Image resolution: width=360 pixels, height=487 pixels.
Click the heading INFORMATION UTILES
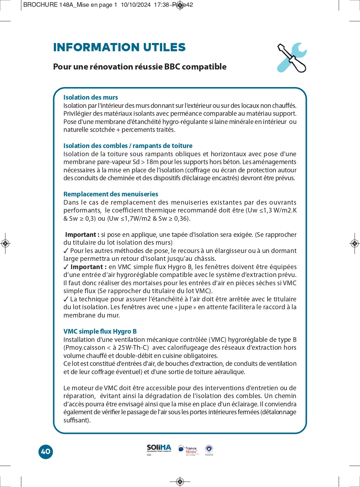119,47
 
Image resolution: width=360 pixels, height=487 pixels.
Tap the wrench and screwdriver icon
292,58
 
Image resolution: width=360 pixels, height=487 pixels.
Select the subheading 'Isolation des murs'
90,97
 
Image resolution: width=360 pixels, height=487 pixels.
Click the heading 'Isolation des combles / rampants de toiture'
128,146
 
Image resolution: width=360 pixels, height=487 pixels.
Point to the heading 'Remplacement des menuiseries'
110,194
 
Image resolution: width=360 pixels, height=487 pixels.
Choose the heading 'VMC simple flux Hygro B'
100,331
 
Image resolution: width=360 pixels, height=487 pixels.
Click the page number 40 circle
46,452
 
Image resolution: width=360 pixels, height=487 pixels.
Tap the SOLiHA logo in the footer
159,449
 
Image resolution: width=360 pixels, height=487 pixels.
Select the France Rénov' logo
188,450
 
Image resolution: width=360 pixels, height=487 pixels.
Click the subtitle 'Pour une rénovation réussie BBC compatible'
139,67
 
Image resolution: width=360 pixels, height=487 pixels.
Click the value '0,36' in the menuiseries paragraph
181,219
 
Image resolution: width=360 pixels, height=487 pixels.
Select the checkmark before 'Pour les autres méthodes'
66,251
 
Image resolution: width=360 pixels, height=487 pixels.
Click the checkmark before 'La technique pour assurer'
66,299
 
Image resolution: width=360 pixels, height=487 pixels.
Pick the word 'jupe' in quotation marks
185,307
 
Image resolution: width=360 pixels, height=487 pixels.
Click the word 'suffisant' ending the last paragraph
76,420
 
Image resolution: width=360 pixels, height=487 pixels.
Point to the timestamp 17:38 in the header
161,5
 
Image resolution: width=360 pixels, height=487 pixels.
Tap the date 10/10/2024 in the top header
136,5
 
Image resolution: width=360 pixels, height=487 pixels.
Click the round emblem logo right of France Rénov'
209,449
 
